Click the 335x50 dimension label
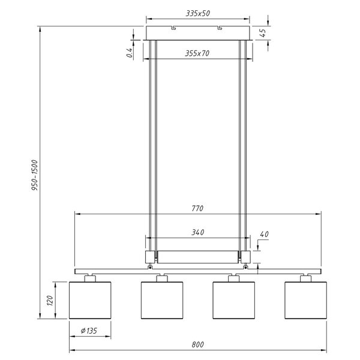198,13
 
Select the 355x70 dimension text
197,53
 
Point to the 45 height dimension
263,32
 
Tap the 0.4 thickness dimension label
130,53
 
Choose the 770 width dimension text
198,208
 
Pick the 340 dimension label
197,230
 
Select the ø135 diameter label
90,329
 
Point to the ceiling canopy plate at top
198,32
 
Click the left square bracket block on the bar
150,256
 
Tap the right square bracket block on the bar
245,256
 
